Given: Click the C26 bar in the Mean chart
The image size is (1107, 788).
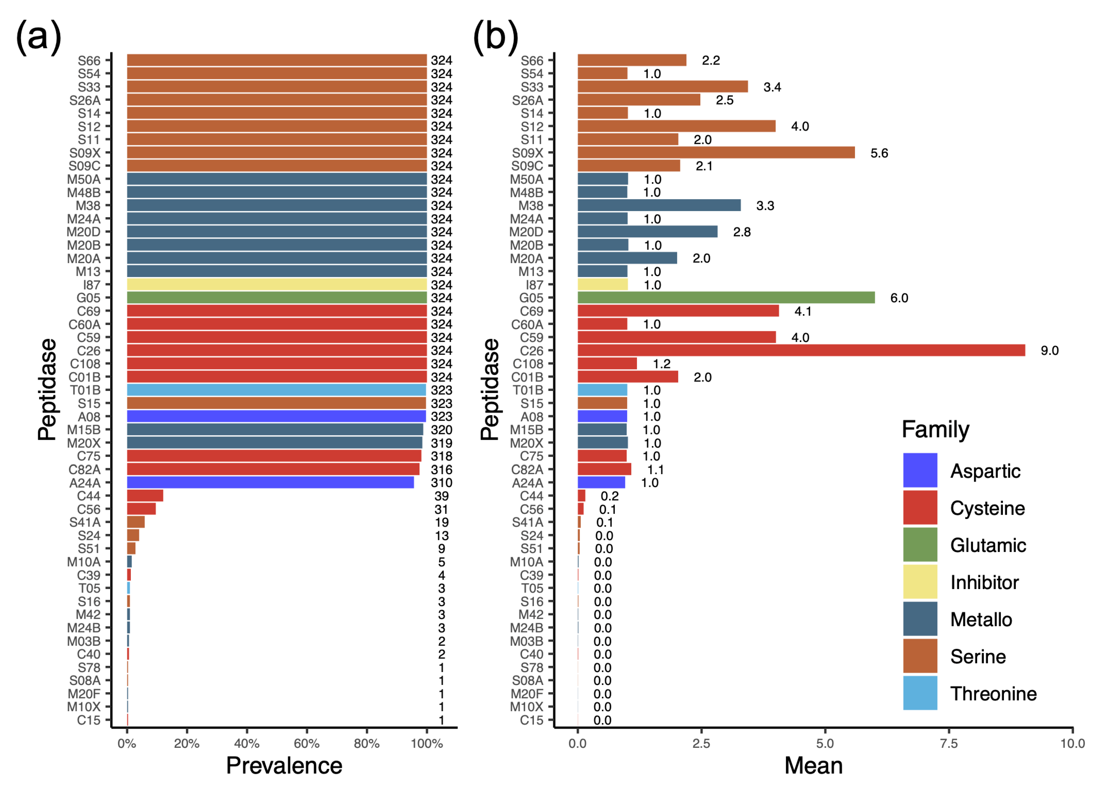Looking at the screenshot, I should pos(801,350).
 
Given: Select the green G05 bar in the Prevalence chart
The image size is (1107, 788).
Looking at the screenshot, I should pos(277,298).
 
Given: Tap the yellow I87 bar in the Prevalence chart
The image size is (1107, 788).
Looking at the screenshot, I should pos(277,284).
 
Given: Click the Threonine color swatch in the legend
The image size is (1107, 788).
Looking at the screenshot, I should pos(920,693).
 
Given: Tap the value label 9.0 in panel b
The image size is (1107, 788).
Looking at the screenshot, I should pos(1049,350).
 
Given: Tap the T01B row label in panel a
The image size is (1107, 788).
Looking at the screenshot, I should pos(85,390).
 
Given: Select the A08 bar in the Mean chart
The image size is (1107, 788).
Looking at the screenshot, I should pos(602,416).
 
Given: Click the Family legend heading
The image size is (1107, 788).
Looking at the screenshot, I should pos(935,429).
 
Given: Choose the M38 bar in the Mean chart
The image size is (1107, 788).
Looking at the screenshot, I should pos(659,205).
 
